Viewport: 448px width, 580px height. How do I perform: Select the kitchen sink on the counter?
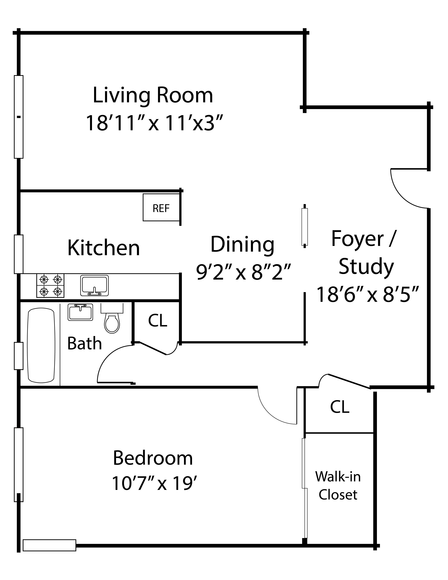pyautogui.click(x=95, y=286)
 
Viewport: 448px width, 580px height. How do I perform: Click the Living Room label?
pyautogui.click(x=153, y=96)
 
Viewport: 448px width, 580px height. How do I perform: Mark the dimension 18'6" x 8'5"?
pyautogui.click(x=368, y=294)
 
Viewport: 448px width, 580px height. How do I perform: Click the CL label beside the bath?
pyautogui.click(x=158, y=320)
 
